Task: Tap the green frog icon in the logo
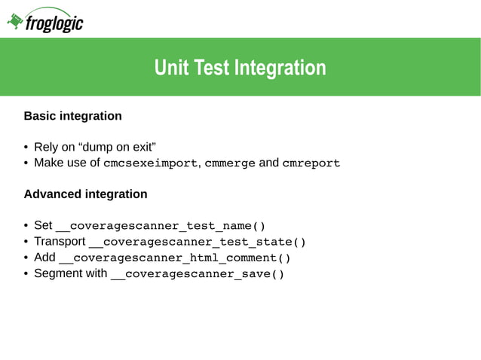coord(15,22)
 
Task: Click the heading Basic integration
coord(72,117)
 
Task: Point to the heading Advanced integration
coord(85,194)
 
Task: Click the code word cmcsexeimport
coord(150,163)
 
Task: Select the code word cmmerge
coord(230,163)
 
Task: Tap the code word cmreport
coord(311,163)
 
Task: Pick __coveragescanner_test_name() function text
coord(161,226)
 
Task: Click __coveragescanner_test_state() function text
coord(198,242)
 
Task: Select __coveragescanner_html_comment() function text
coord(175,258)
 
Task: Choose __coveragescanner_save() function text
coord(198,273)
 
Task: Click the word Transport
coord(60,242)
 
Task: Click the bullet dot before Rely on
coord(26,148)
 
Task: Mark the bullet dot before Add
coord(26,258)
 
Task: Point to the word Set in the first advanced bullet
coord(43,226)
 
